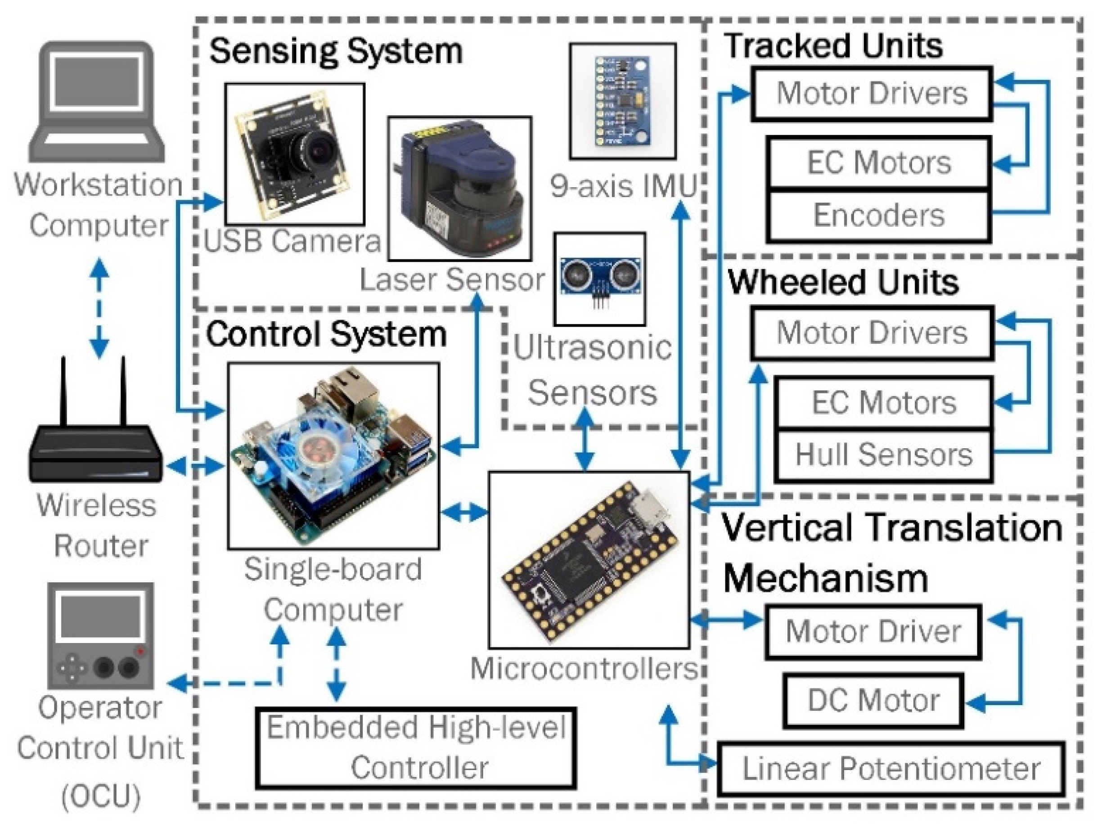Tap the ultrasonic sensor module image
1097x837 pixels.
pyautogui.click(x=600, y=276)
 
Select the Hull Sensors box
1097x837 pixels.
pyautogui.click(x=883, y=454)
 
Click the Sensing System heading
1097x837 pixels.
pyautogui.click(x=336, y=51)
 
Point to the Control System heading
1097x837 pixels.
pyautogui.click(x=326, y=334)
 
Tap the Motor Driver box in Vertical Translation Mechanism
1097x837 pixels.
pyautogui.click(x=873, y=632)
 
